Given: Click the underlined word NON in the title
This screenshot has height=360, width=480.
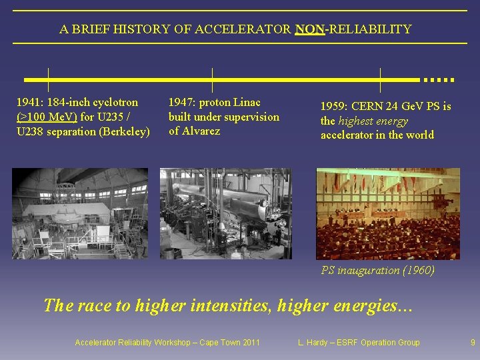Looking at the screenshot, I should tap(309, 29).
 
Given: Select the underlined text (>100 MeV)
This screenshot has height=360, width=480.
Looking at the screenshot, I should tap(47, 117).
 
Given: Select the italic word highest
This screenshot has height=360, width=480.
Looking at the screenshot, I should tap(359, 121).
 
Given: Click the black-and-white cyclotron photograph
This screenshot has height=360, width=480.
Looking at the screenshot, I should tap(80, 213).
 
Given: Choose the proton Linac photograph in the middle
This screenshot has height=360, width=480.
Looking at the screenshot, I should tap(225, 213).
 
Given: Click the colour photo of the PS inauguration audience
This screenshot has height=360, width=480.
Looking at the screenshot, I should tap(388, 213).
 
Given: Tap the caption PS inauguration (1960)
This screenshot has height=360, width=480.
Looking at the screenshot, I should tap(377, 271).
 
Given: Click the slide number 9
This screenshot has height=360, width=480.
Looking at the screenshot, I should tap(473, 343).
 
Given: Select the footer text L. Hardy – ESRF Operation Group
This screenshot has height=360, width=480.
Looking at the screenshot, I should tap(359, 343).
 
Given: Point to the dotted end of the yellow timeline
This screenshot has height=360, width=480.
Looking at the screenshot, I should tap(438, 79).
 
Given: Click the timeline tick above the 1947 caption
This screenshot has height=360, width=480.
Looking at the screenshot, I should tap(211, 79).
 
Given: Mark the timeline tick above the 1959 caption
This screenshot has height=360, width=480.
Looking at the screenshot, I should tap(379, 79).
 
